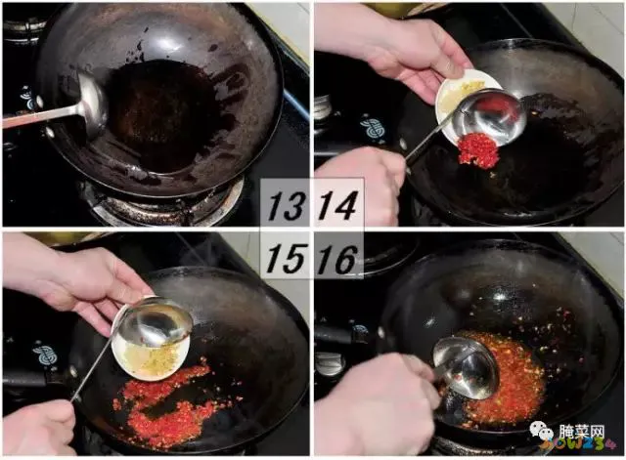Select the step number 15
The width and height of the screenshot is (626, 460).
click(286, 257)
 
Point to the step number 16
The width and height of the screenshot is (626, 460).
click(337, 257)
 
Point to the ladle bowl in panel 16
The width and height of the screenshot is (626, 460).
click(465, 368)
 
